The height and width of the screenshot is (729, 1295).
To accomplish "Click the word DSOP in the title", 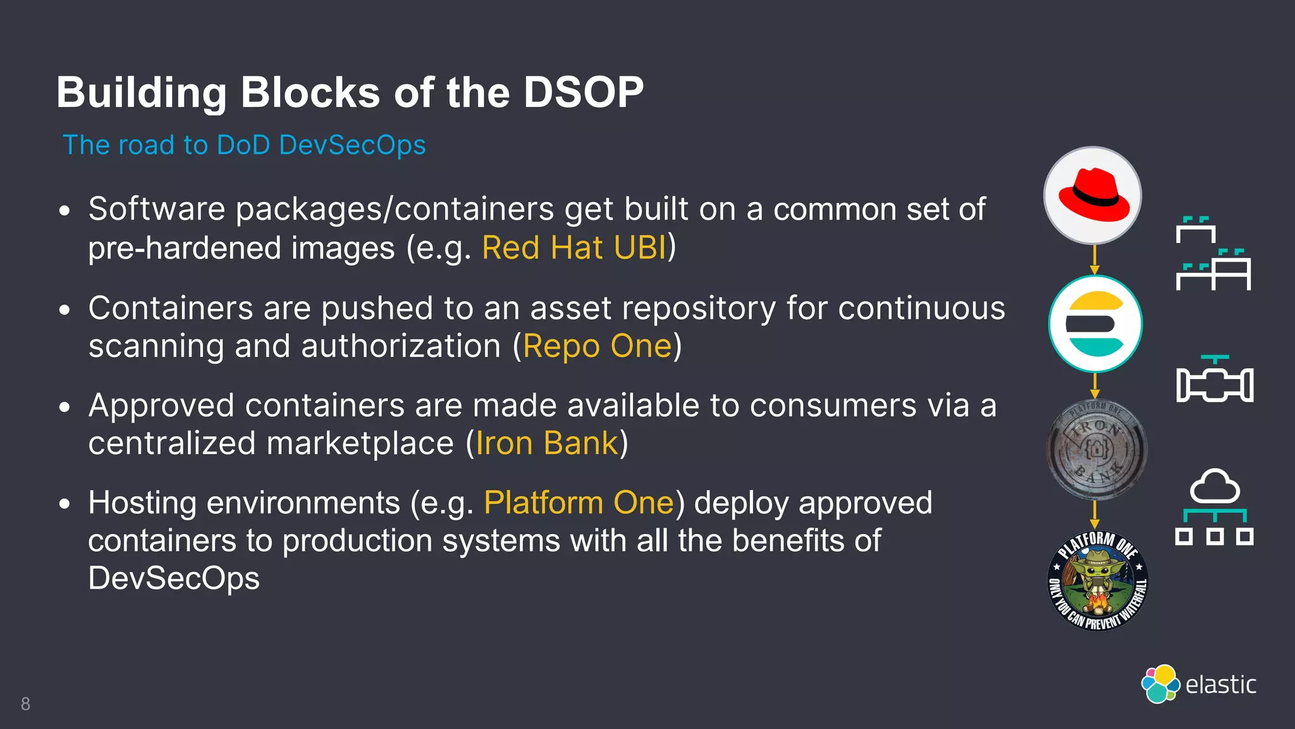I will pos(583,92).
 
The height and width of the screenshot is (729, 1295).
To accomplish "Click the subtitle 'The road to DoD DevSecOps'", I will pos(244,145).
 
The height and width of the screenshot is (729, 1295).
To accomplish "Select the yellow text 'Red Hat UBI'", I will pos(574,247).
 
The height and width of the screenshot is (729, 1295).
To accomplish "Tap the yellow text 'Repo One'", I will pos(597,346).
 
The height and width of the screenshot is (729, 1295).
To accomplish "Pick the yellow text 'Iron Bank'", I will pos(546,443).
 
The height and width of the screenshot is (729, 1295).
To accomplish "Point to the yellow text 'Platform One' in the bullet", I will pos(579,503).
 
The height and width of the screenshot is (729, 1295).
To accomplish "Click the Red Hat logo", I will pos(1093,196).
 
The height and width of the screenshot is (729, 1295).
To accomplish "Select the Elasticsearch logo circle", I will pos(1095,324).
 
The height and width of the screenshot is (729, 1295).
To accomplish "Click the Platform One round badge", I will pos(1098,581).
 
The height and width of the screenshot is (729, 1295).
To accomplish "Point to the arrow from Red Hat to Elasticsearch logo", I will pos(1095,259).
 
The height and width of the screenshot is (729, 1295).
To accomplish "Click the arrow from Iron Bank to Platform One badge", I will pos(1095,514).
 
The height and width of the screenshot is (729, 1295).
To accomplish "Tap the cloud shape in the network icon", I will pos(1215,487).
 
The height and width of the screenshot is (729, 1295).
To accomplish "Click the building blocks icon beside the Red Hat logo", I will pos(1213,253).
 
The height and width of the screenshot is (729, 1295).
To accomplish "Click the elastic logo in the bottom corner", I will pos(1198,684).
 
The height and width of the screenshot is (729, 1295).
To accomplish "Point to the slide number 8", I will pos(25,704).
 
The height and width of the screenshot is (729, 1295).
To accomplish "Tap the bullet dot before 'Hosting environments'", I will pos(64,504).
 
